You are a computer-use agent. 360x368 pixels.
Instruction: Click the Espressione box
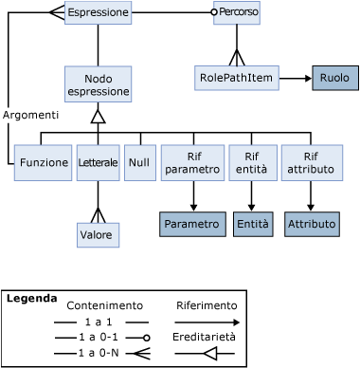tap(98, 13)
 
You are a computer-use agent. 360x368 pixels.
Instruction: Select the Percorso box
tap(237, 13)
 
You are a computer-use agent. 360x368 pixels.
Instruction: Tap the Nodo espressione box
tap(98, 84)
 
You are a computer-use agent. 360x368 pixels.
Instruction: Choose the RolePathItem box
tap(237, 77)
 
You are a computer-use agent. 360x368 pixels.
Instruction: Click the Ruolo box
tap(334, 77)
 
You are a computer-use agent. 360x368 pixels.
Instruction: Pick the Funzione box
tap(44, 162)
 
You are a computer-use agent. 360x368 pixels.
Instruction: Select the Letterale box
tap(98, 162)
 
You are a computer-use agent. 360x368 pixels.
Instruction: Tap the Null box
tap(139, 162)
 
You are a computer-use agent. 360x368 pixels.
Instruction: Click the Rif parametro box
tap(192, 162)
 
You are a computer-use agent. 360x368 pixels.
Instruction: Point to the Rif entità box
tap(251, 162)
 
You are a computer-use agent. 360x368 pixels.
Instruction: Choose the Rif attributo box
tap(311, 162)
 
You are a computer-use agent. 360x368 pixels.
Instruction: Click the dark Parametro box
tap(192, 224)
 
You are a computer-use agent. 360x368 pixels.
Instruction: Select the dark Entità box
tap(252, 224)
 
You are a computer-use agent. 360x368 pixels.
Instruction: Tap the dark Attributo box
tap(311, 224)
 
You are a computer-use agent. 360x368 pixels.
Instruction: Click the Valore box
tap(98, 234)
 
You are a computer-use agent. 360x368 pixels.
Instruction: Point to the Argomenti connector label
tap(31, 115)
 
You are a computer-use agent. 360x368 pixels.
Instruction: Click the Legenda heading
tap(30, 298)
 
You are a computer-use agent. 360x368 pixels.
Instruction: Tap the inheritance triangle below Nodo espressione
tap(98, 117)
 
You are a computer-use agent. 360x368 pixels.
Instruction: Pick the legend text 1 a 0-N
tap(99, 353)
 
